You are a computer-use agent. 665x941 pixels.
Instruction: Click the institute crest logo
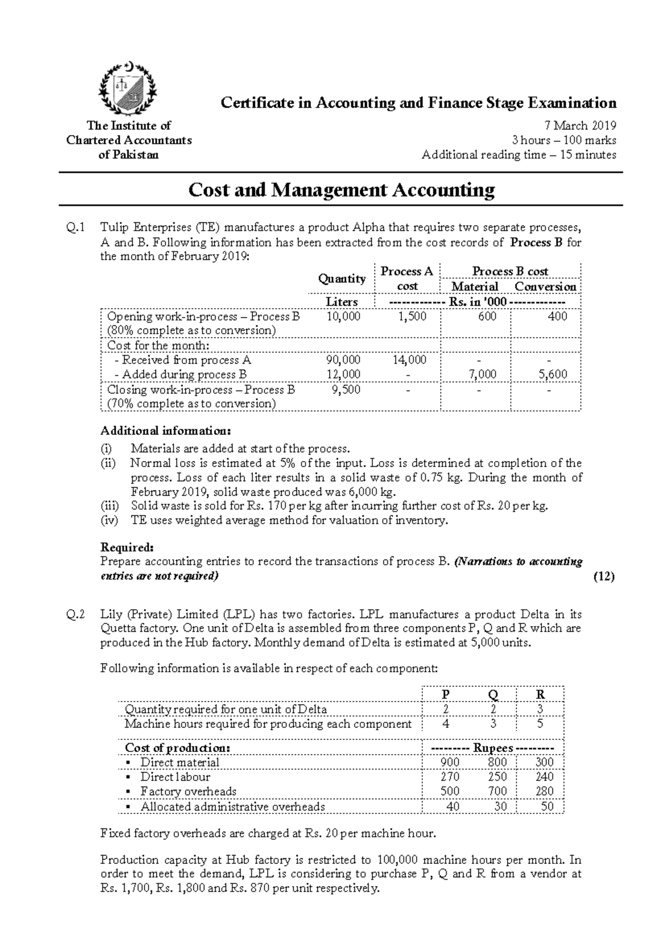click(x=128, y=89)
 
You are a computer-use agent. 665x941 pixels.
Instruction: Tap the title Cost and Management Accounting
click(x=341, y=190)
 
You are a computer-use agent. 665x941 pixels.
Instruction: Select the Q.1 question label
click(x=76, y=227)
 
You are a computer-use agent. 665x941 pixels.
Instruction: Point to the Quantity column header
click(x=342, y=279)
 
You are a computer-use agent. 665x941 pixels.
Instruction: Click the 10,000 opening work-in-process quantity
click(x=344, y=316)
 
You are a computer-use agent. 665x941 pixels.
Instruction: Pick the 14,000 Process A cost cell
click(x=410, y=360)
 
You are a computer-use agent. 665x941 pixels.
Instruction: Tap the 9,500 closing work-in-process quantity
click(x=346, y=390)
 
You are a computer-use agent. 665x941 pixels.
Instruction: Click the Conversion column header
click(x=545, y=287)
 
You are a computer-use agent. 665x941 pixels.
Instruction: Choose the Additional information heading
click(x=165, y=431)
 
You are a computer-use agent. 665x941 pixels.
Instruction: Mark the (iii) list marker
click(x=109, y=505)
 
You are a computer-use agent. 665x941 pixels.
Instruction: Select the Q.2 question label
click(x=76, y=614)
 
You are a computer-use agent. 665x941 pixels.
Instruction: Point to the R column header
click(x=540, y=694)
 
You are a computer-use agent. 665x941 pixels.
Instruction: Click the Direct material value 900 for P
click(x=449, y=763)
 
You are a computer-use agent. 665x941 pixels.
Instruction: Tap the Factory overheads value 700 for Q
click(x=498, y=791)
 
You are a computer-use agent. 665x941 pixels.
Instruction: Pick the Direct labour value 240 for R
click(x=545, y=777)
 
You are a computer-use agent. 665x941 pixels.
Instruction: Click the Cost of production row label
click(x=177, y=748)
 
